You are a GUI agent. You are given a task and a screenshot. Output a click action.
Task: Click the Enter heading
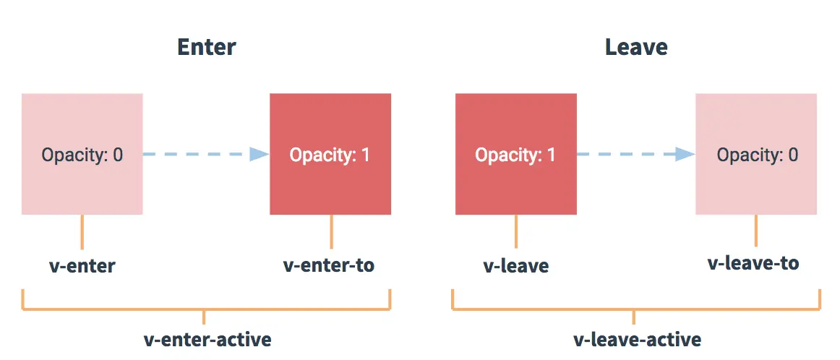pyautogui.click(x=206, y=47)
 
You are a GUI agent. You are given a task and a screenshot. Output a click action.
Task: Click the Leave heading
pyautogui.click(x=636, y=47)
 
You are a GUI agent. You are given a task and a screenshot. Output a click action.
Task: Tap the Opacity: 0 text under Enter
pyautogui.click(x=82, y=155)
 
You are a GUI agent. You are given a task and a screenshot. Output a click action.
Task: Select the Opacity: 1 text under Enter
pyautogui.click(x=330, y=155)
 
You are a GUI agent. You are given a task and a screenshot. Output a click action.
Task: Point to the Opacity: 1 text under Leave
pyautogui.click(x=515, y=155)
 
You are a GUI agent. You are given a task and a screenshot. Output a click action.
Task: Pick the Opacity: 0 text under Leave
pyautogui.click(x=758, y=155)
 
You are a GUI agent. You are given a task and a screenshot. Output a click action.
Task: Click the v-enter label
pyautogui.click(x=82, y=266)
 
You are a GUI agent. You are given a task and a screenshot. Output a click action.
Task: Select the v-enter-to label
pyautogui.click(x=328, y=265)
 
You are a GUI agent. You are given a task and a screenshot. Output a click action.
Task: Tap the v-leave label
pyautogui.click(x=516, y=266)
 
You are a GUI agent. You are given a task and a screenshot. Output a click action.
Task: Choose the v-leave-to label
pyautogui.click(x=753, y=263)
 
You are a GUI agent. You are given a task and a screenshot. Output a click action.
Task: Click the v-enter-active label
pyautogui.click(x=208, y=339)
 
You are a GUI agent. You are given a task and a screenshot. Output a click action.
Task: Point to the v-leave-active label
pyautogui.click(x=637, y=339)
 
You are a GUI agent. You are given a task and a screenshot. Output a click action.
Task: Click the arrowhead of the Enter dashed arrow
pyautogui.click(x=260, y=154)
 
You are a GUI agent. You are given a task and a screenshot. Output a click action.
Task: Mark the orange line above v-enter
pyautogui.click(x=82, y=232)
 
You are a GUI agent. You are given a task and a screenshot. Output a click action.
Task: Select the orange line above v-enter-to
pyautogui.click(x=331, y=232)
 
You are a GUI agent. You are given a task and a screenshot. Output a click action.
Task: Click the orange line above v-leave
pyautogui.click(x=516, y=231)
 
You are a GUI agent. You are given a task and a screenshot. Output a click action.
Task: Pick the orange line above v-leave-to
pyautogui.click(x=756, y=231)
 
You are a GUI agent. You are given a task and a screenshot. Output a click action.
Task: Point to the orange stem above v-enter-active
pyautogui.click(x=204, y=317)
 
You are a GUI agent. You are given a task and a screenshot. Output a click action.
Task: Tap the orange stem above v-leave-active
pyautogui.click(x=634, y=317)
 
